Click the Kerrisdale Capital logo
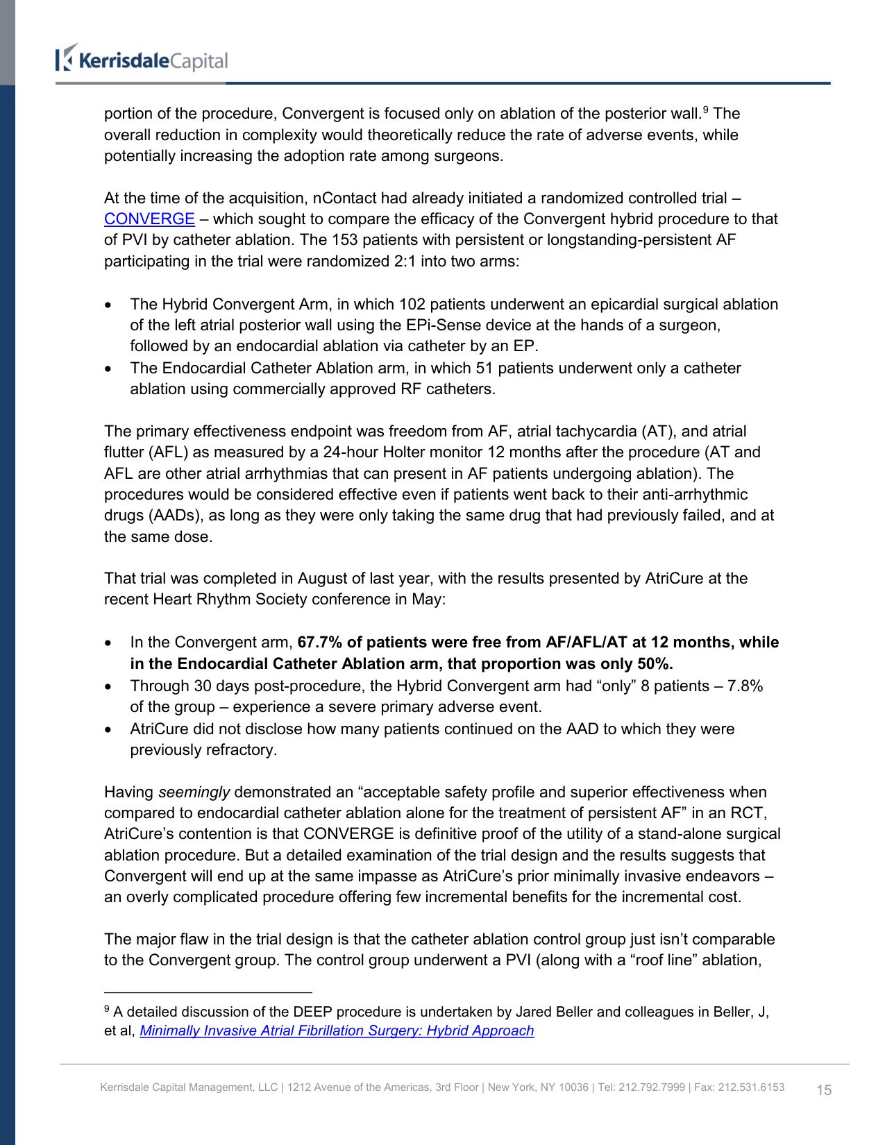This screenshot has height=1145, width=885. pos(142,60)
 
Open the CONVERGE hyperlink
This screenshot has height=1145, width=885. pos(149,219)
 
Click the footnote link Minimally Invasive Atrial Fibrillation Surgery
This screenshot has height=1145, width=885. pos(337,1030)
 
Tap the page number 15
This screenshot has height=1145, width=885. pos(823,1090)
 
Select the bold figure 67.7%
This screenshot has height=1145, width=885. pos(320,643)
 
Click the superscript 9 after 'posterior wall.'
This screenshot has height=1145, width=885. pos(705,110)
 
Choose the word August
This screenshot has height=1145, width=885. pos(323,579)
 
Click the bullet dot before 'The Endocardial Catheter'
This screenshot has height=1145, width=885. pos(108,369)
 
